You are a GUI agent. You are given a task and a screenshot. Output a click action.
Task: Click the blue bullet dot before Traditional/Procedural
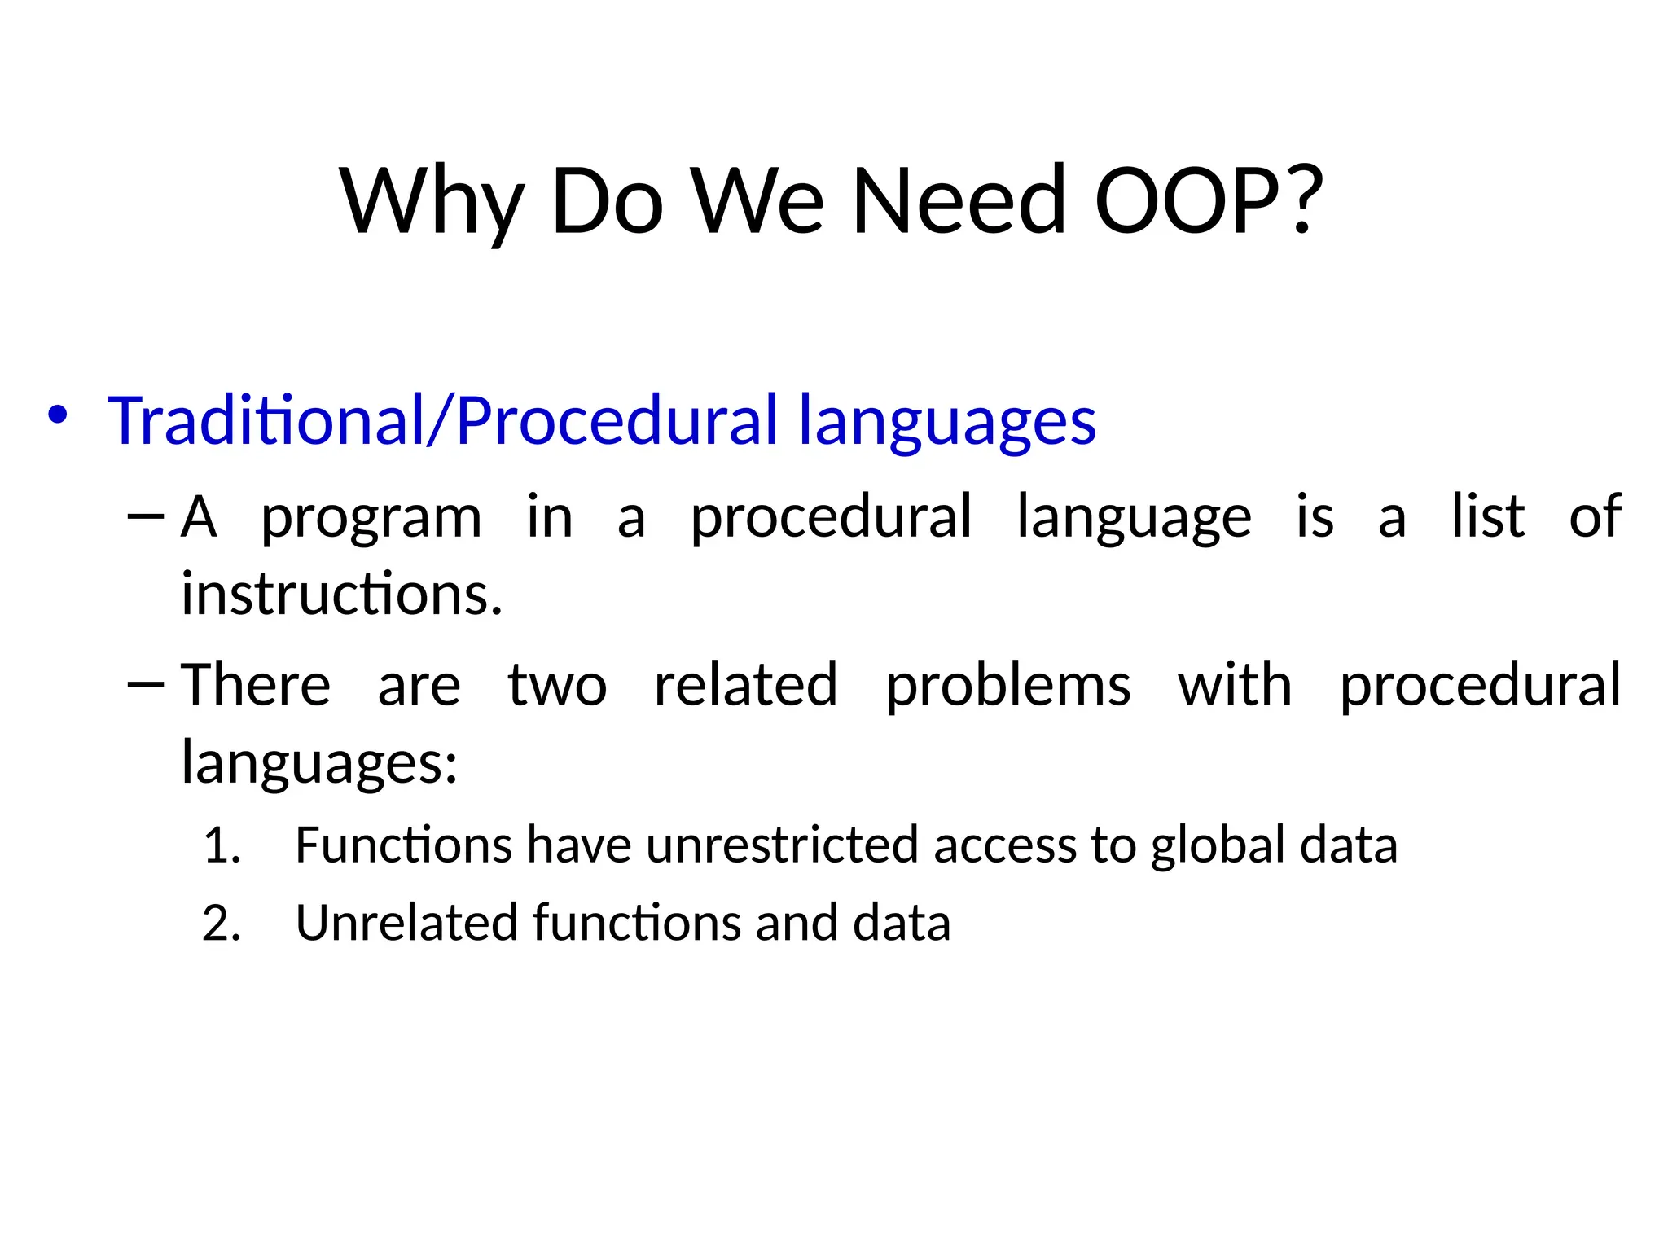[56, 415]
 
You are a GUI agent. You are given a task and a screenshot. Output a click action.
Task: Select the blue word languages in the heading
[946, 422]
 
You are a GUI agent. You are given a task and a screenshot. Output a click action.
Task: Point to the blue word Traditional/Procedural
[443, 420]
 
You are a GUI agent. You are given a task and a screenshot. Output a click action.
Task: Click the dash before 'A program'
[147, 516]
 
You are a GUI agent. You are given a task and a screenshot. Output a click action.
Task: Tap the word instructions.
[341, 594]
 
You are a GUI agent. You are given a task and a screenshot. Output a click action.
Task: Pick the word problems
[1007, 687]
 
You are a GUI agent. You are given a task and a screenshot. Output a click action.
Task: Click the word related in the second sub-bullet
[745, 685]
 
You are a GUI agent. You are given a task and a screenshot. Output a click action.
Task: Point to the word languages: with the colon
[319, 765]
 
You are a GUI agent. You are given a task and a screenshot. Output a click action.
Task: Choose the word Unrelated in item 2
[406, 924]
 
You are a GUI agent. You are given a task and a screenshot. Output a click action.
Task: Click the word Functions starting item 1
[403, 845]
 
